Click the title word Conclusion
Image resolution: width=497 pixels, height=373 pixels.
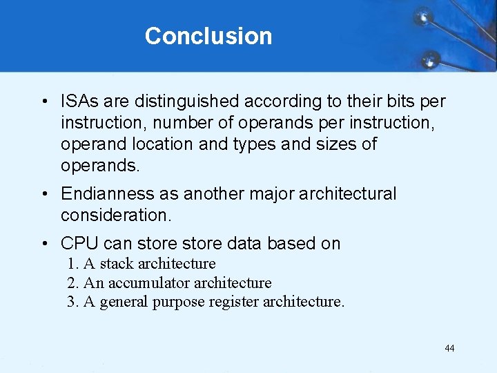[x=208, y=36]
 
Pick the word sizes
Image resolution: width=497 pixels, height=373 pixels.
[x=335, y=144]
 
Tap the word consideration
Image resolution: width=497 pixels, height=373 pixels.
[x=115, y=215]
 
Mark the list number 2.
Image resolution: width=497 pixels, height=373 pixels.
[x=72, y=283]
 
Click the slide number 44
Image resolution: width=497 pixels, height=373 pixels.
[x=449, y=348]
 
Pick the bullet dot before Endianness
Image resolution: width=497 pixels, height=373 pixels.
[x=43, y=195]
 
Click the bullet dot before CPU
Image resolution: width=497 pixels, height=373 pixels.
[x=43, y=245]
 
